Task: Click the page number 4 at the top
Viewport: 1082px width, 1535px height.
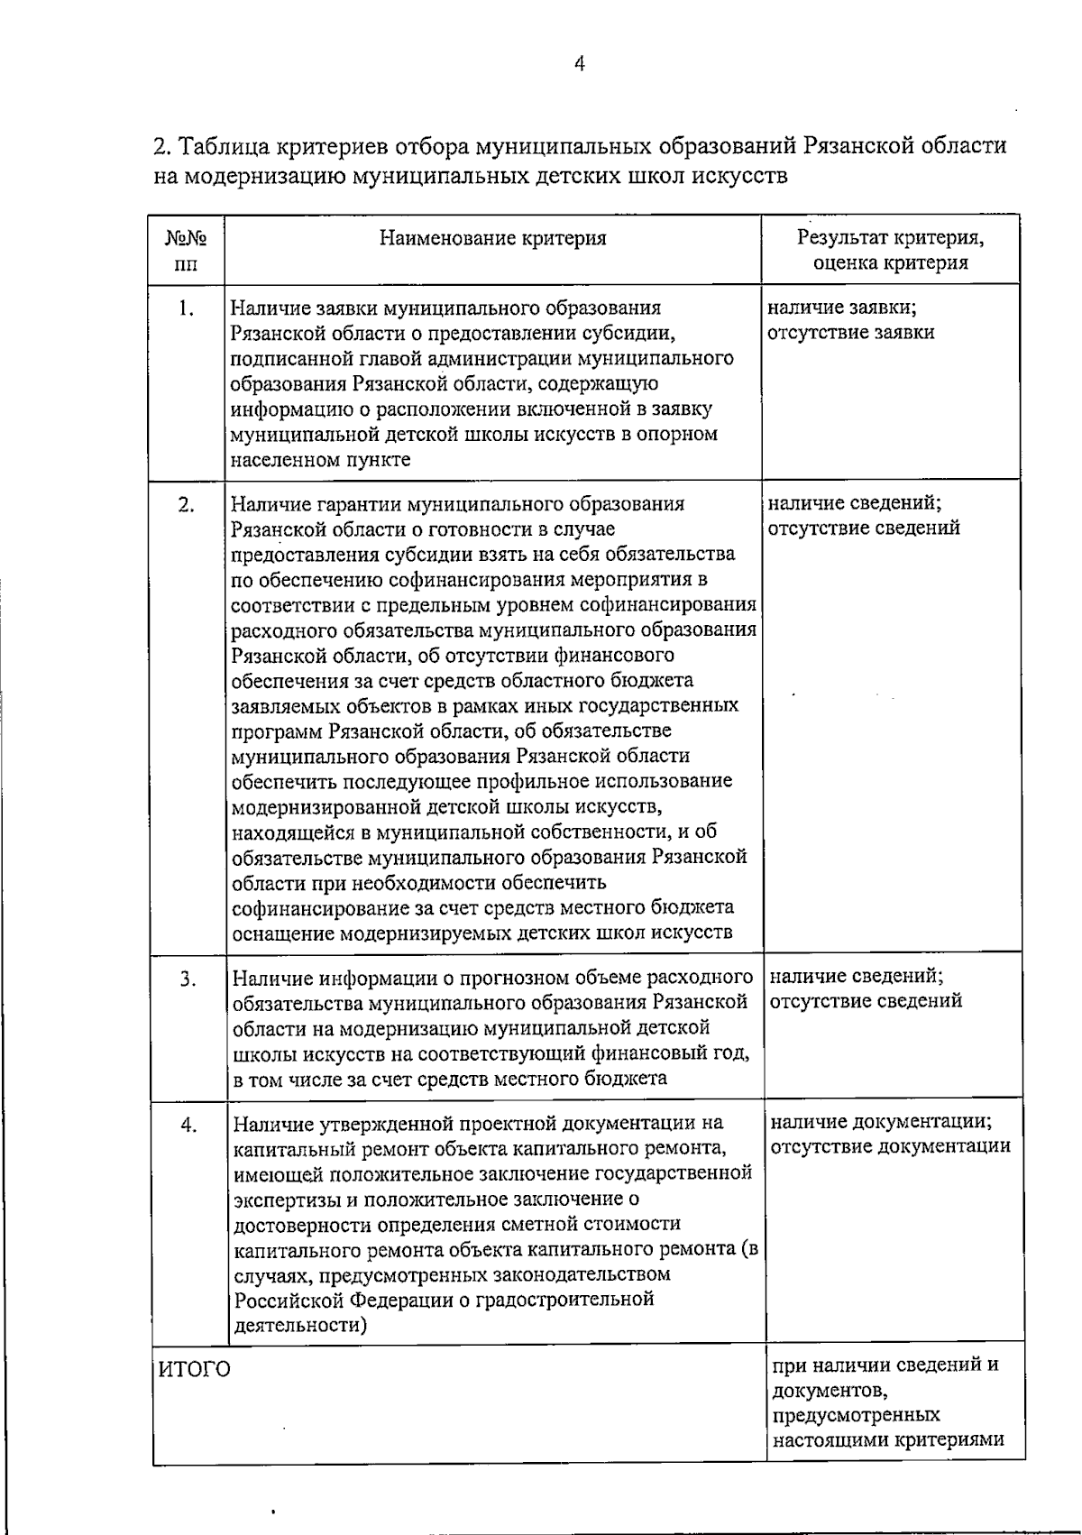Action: [579, 64]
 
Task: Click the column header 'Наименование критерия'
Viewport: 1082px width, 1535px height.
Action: [492, 239]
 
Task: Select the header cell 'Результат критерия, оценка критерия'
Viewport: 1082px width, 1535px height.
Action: [890, 251]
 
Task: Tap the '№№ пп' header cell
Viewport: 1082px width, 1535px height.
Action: [186, 251]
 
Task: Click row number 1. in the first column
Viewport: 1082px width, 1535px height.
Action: [186, 308]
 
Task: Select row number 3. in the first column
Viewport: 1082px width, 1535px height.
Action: [188, 979]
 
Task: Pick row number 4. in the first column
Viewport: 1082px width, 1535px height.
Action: [188, 1125]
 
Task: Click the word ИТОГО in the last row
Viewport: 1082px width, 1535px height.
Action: [195, 1370]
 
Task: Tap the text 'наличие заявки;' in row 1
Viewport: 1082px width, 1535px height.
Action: [842, 308]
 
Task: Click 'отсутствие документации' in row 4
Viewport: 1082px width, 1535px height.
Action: [891, 1147]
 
